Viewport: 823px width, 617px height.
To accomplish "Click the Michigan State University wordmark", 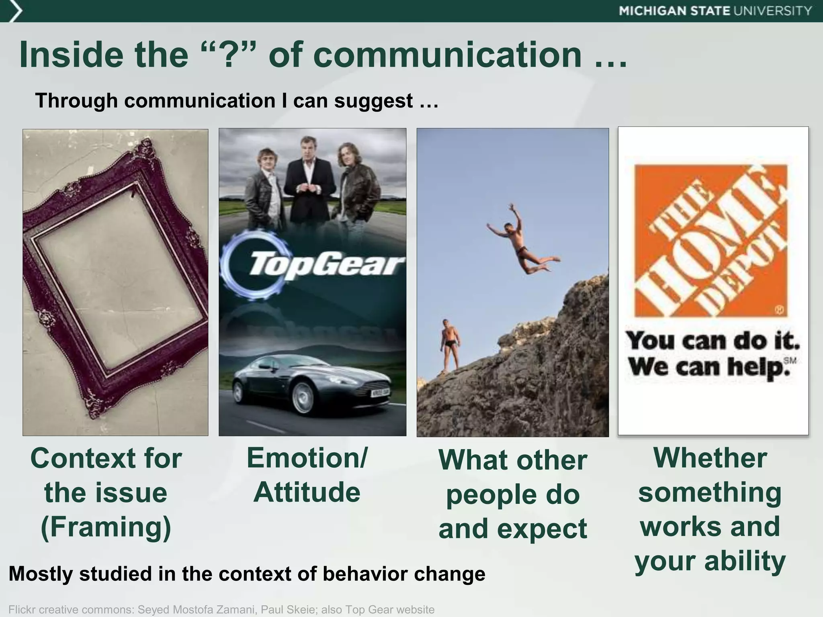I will pos(715,11).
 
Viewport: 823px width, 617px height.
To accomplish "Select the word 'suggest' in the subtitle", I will pos(373,100).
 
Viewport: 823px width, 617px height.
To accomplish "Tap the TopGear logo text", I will pos(326,264).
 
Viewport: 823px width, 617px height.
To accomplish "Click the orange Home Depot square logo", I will pos(710,240).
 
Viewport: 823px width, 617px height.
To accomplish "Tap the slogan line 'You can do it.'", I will pos(712,341).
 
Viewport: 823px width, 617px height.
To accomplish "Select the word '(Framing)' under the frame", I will pos(106,527).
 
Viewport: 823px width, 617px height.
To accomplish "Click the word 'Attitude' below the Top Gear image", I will pos(307,492).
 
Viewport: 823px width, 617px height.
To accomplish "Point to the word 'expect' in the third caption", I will pos(542,529).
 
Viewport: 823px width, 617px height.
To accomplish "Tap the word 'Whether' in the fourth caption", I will pos(710,458).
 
